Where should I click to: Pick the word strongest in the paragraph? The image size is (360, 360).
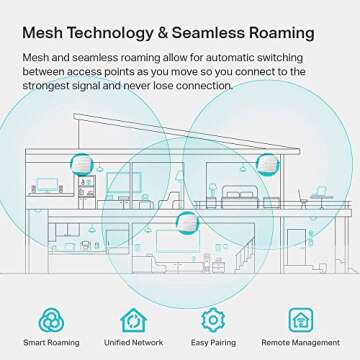(x=49, y=86)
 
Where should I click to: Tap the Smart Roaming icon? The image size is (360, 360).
(x=52, y=319)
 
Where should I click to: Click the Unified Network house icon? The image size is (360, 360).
(x=133, y=319)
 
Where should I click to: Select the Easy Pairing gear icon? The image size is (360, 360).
(x=212, y=319)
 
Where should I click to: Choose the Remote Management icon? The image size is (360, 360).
(x=299, y=319)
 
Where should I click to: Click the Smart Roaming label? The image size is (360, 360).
(x=52, y=343)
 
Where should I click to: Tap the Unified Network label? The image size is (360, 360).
(x=133, y=343)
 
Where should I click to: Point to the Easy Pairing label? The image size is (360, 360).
(x=212, y=343)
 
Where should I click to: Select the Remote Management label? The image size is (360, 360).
(x=299, y=343)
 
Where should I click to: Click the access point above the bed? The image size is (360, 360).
(x=267, y=162)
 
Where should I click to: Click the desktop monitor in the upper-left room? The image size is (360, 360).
(x=46, y=185)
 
